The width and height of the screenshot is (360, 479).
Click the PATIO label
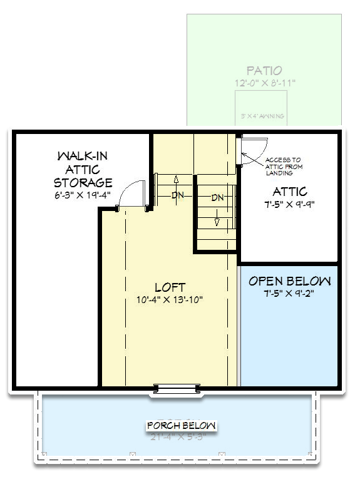click(264, 71)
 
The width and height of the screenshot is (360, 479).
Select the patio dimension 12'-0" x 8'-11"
click(264, 83)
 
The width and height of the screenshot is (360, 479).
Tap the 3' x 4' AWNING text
click(262, 116)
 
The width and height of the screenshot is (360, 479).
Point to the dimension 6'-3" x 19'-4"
click(83, 195)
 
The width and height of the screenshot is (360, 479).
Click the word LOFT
click(170, 287)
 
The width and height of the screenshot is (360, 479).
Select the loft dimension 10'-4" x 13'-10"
click(170, 300)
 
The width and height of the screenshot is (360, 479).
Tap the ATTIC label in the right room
click(289, 192)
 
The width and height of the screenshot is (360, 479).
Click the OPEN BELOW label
click(289, 281)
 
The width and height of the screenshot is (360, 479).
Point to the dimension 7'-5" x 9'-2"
click(289, 294)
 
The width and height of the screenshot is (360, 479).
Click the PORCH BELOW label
click(181, 426)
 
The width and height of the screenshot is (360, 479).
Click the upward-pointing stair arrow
click(177, 181)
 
